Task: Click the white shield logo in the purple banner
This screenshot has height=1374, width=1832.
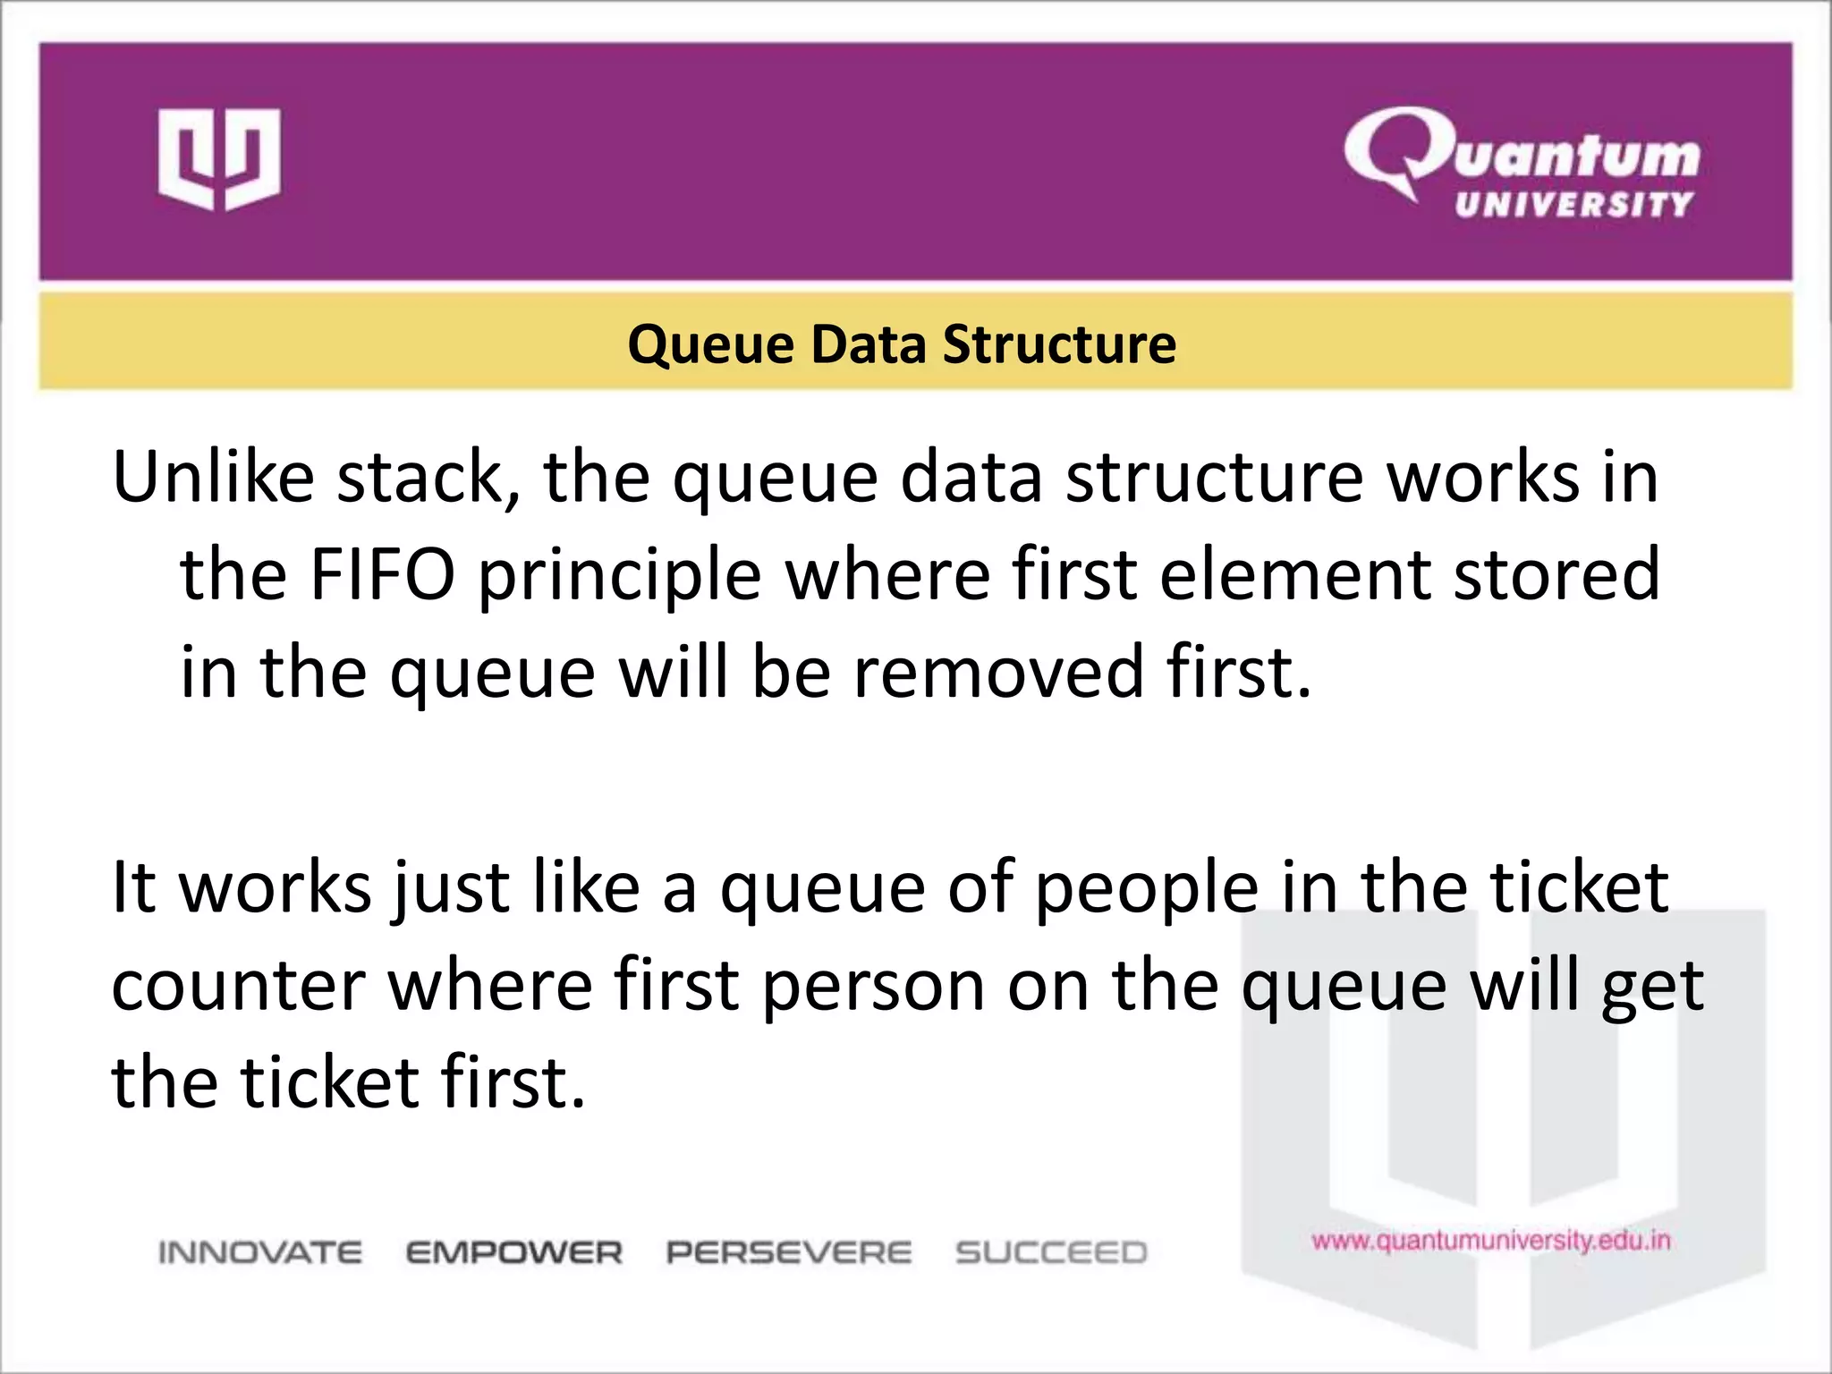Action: click(219, 159)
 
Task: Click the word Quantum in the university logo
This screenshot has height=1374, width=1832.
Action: click(1521, 152)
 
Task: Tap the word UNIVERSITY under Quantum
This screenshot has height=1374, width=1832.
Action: click(1573, 205)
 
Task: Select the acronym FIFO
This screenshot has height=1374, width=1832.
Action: click(382, 575)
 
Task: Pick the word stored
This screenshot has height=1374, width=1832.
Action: click(1556, 575)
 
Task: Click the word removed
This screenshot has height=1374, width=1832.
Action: click(998, 673)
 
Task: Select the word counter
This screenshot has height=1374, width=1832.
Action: click(239, 987)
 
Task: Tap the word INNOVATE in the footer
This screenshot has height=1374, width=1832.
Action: click(260, 1252)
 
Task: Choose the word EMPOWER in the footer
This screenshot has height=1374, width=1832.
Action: click(514, 1252)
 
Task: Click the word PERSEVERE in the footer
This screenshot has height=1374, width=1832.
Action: click(789, 1252)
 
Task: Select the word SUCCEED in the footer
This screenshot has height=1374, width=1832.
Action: click(1051, 1252)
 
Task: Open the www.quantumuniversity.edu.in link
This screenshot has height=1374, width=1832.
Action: click(1491, 1241)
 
